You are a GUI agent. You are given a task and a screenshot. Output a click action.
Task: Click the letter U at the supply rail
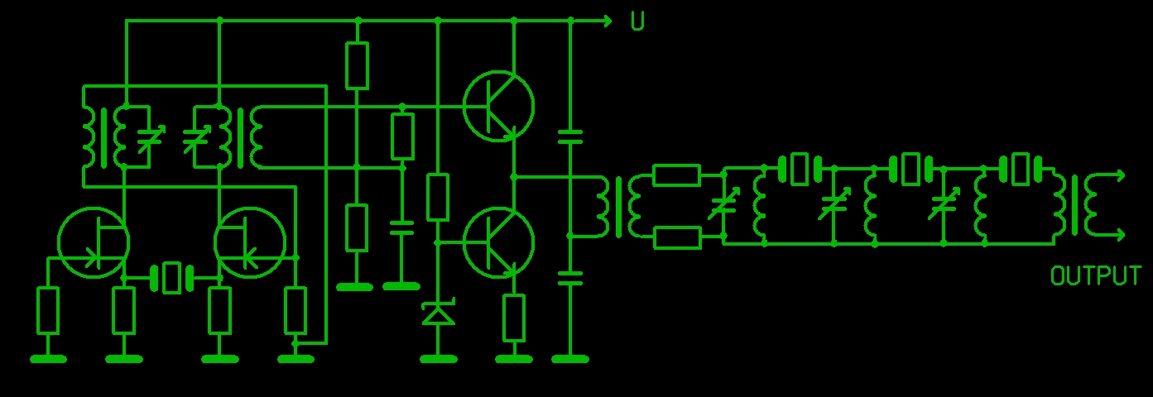(637, 21)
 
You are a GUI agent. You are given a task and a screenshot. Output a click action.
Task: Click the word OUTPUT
(1095, 276)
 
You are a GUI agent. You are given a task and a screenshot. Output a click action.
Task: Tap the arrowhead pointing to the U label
(608, 21)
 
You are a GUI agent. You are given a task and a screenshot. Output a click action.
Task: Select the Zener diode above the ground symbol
(438, 312)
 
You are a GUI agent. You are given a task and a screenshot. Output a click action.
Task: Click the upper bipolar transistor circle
(498, 106)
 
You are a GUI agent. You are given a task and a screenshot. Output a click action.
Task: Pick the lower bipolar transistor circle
(498, 242)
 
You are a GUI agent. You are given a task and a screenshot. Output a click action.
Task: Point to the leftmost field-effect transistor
(94, 242)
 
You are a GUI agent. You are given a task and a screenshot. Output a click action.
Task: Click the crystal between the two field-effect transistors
(171, 278)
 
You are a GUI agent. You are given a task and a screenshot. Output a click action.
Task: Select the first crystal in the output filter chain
(800, 168)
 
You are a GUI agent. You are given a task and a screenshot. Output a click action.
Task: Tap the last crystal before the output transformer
(1021, 168)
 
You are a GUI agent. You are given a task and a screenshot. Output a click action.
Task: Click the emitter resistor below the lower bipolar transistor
(514, 318)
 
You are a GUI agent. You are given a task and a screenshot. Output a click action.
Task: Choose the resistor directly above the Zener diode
(438, 198)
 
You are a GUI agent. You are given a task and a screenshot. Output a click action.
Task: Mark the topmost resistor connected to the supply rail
(357, 66)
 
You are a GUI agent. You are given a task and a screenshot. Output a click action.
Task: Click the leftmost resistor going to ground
(48, 311)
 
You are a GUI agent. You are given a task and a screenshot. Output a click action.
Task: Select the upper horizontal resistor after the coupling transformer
(676, 175)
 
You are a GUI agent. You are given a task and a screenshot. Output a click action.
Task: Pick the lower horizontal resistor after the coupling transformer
(676, 237)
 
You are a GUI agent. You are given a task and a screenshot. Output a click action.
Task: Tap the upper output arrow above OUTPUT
(1107, 175)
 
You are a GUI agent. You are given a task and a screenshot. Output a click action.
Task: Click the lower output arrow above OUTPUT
(1107, 236)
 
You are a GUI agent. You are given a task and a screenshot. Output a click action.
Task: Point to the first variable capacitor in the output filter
(723, 203)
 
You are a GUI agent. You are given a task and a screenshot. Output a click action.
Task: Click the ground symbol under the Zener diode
(438, 359)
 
